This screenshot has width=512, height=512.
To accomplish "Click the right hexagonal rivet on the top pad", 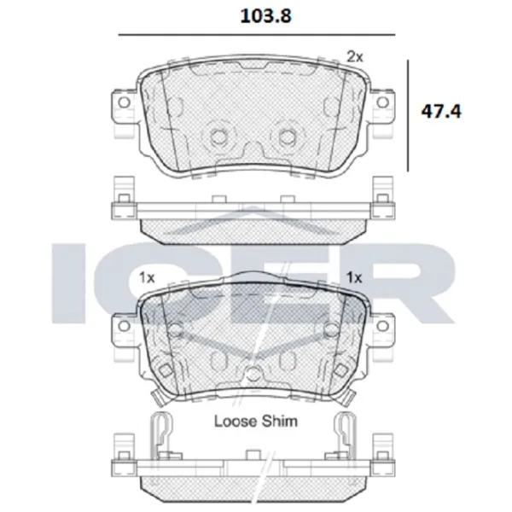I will click(289, 136).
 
